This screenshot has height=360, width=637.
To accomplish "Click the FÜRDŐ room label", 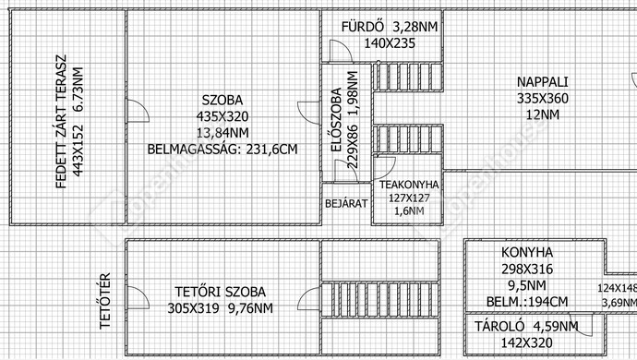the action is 363,27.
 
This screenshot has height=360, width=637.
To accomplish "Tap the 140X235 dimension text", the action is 390,43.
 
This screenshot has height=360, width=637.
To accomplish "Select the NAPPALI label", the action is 542,81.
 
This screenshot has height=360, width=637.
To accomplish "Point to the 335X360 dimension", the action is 542,99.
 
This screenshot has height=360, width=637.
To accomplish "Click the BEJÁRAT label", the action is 346,203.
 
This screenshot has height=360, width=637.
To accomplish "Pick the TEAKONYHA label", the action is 409,185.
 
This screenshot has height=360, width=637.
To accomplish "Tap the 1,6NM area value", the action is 409,210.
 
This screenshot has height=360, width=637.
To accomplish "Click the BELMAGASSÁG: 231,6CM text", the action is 222,150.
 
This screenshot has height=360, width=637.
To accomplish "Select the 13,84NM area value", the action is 222,132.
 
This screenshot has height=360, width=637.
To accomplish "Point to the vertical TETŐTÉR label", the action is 105,301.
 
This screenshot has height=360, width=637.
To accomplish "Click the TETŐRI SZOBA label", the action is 221,292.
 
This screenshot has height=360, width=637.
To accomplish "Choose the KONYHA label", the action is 527,252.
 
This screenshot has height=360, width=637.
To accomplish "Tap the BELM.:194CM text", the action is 527,302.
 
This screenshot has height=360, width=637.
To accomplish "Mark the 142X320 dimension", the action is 526,342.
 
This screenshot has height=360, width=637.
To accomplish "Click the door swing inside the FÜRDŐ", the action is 341,51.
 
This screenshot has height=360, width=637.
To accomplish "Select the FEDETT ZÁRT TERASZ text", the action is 61,122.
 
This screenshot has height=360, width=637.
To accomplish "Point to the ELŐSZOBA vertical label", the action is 336,120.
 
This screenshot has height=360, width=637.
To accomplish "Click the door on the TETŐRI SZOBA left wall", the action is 138,297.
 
